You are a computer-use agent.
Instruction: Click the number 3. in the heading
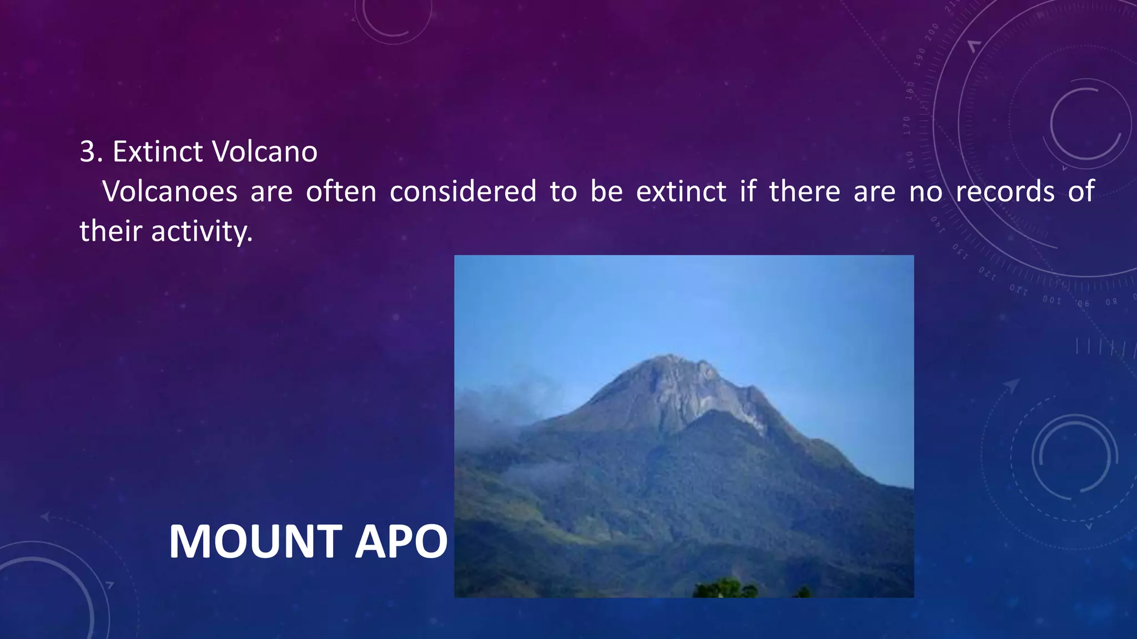pyautogui.click(x=91, y=151)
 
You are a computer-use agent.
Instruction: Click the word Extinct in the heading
pyautogui.click(x=158, y=151)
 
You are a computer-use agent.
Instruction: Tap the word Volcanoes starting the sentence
pyautogui.click(x=169, y=191)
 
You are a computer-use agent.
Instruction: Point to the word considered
pyautogui.click(x=462, y=191)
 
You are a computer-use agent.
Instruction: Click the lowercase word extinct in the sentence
pyautogui.click(x=681, y=191)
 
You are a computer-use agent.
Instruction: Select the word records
pyautogui.click(x=1005, y=191)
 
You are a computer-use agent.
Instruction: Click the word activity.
pyautogui.click(x=202, y=231)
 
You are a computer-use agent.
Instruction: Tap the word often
pyautogui.click(x=341, y=191)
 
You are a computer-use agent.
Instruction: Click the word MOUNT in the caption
pyautogui.click(x=255, y=542)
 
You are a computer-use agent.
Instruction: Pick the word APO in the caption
pyautogui.click(x=401, y=542)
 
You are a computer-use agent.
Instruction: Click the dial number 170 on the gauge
pyautogui.click(x=907, y=126)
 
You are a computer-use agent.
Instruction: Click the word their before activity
pyautogui.click(x=110, y=231)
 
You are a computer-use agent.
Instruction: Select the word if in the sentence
pyautogui.click(x=748, y=191)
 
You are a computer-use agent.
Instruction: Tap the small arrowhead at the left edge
pyautogui.click(x=45, y=517)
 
